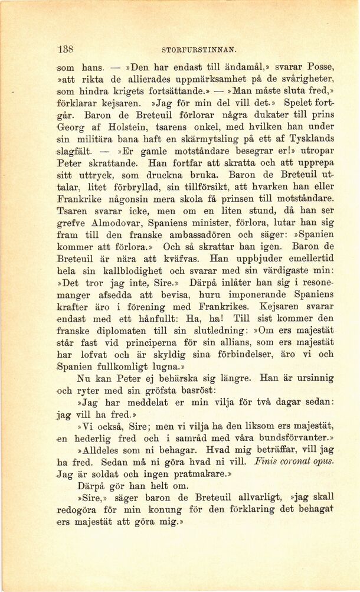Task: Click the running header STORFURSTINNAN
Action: click(198, 51)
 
